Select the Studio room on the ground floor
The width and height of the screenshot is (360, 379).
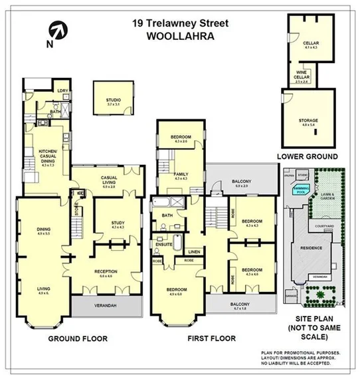coord(114,102)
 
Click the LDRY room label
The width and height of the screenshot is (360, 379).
coord(64,90)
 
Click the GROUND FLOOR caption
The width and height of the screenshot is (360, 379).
coord(78,338)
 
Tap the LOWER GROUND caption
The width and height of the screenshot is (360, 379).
coord(307,156)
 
